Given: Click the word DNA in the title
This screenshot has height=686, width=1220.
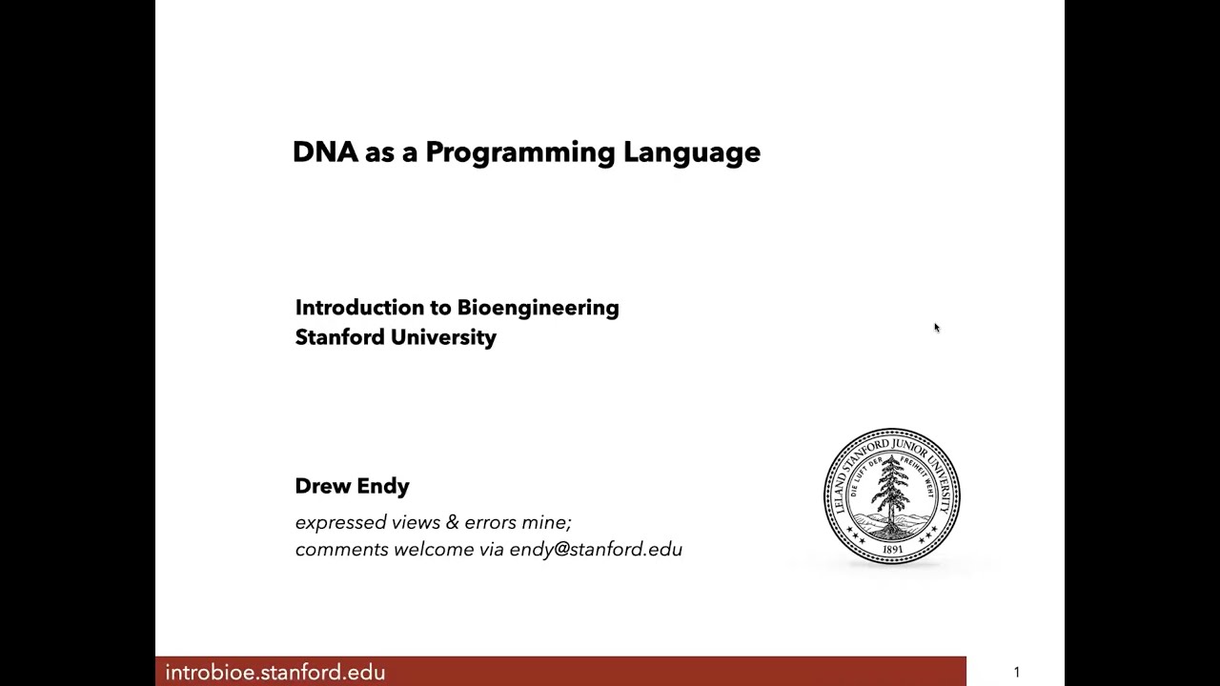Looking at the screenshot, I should click(x=325, y=152).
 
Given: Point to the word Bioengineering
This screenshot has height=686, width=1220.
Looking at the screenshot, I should click(x=538, y=309).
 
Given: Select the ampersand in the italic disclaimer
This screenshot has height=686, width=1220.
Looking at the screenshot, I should click(x=452, y=522).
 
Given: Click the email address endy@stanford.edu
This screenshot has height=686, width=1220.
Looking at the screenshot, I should click(x=596, y=550).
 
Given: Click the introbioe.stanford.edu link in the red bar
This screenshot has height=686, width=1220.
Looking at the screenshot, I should click(x=274, y=673).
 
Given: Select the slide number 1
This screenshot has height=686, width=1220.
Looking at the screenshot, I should click(x=1016, y=673).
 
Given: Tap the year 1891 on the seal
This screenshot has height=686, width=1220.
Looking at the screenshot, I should click(x=892, y=550).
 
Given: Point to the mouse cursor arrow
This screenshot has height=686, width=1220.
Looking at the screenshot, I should click(x=936, y=328).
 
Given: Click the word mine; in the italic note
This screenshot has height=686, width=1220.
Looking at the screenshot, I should click(x=546, y=522).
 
